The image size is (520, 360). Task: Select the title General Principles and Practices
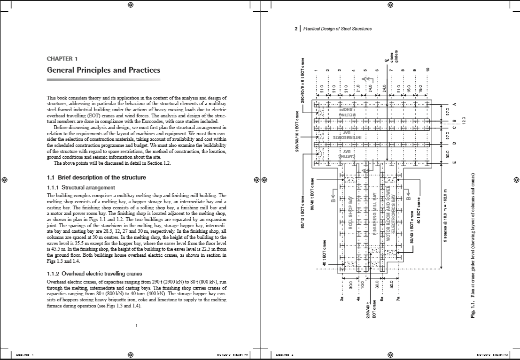pyautogui.click(x=103, y=70)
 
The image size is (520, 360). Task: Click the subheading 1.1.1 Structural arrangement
pyautogui.click(x=81, y=188)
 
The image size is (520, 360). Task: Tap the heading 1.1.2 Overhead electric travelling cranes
pyautogui.click(x=94, y=273)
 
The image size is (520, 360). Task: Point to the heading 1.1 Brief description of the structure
pyautogui.click(x=96, y=178)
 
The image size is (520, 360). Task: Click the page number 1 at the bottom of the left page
pyautogui.click(x=136, y=325)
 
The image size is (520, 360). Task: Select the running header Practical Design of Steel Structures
pyautogui.click(x=337, y=29)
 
